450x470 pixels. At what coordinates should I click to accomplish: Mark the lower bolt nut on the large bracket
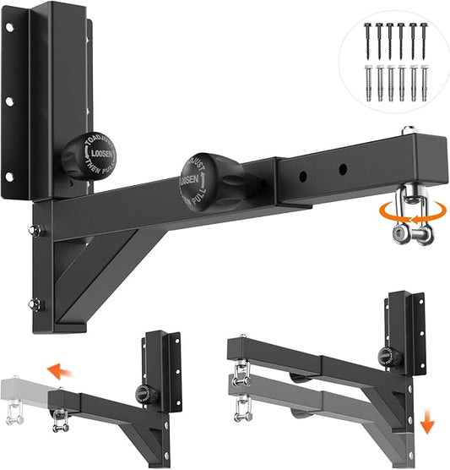(34, 304)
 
